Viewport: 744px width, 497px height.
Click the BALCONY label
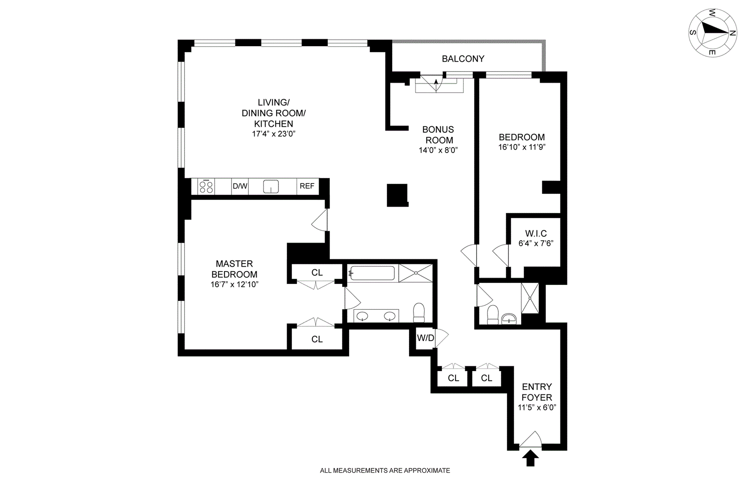[463, 59]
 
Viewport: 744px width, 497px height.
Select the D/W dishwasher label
[240, 186]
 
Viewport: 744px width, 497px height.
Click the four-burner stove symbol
[206, 186]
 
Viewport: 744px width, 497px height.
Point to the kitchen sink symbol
[271, 186]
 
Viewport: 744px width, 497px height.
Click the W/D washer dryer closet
[425, 338]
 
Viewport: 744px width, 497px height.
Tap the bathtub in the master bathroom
[372, 273]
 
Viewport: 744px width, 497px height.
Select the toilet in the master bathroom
[419, 312]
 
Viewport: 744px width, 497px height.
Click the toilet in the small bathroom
[493, 315]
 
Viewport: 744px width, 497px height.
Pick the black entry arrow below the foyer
[530, 458]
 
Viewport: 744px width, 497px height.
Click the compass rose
[713, 33]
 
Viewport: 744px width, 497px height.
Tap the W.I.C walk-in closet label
[536, 233]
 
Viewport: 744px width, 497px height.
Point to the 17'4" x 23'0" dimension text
[274, 134]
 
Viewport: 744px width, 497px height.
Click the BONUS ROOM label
[438, 135]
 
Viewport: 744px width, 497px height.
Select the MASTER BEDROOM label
[234, 269]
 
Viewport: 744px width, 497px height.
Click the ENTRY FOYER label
[537, 392]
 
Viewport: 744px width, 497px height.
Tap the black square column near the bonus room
[397, 195]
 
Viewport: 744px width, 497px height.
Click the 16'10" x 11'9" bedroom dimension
[522, 147]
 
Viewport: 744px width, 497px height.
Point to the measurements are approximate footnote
[385, 471]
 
